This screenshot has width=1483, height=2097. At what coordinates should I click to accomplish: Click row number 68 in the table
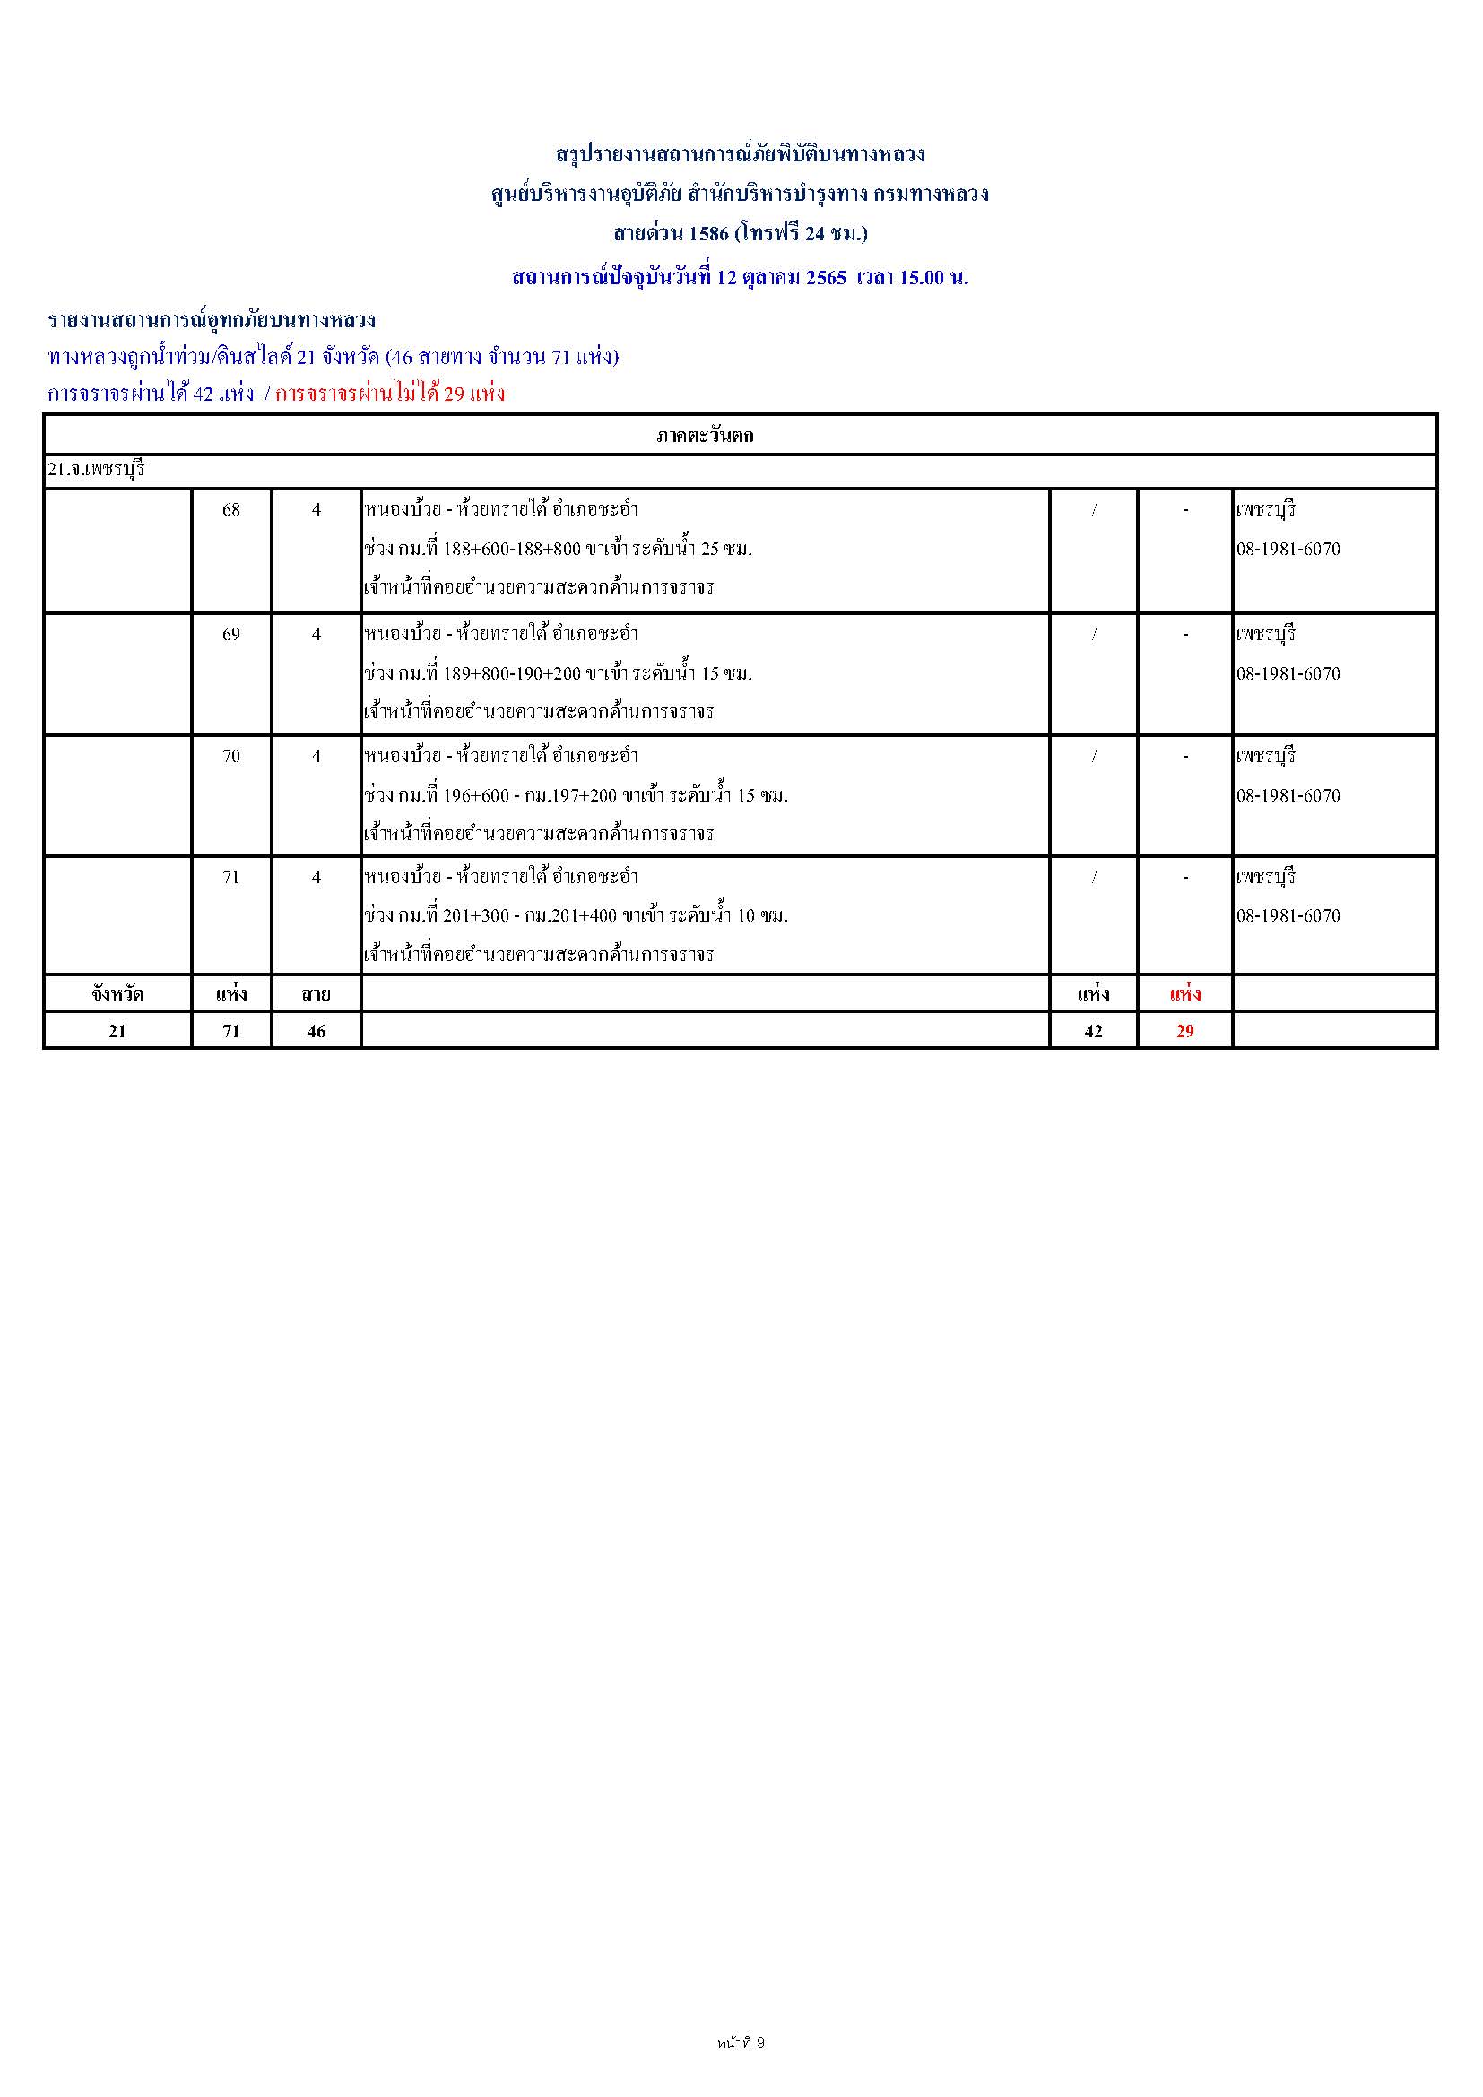click(231, 509)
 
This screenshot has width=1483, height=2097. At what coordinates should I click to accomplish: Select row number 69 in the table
click(231, 634)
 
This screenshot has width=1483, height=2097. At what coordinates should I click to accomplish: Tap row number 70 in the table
click(231, 757)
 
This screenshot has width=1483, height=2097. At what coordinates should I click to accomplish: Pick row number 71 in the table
click(231, 877)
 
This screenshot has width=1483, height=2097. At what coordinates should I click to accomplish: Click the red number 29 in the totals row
click(1184, 1031)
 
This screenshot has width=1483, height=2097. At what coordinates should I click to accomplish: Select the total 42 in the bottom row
click(1093, 1031)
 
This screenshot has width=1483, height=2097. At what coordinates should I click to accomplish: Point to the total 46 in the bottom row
click(316, 1031)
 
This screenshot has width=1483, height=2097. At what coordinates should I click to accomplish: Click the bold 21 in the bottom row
click(117, 1031)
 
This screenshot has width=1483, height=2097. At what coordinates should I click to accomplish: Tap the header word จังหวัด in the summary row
click(117, 993)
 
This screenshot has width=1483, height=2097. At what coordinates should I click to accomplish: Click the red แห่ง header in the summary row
click(1184, 993)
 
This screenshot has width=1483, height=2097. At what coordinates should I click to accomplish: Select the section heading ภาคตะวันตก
click(704, 436)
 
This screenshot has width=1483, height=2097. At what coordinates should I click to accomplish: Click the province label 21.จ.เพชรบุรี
click(97, 471)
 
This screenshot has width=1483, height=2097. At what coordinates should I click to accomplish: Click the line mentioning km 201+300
click(576, 915)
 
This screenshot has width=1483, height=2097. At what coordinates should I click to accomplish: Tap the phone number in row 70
click(1288, 795)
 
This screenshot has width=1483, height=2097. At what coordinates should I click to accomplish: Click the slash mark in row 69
click(1093, 634)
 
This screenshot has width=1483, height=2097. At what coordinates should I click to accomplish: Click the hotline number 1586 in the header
click(708, 233)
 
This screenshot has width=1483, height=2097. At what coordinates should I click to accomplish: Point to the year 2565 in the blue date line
click(826, 278)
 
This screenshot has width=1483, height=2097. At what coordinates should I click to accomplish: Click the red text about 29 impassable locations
click(390, 394)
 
